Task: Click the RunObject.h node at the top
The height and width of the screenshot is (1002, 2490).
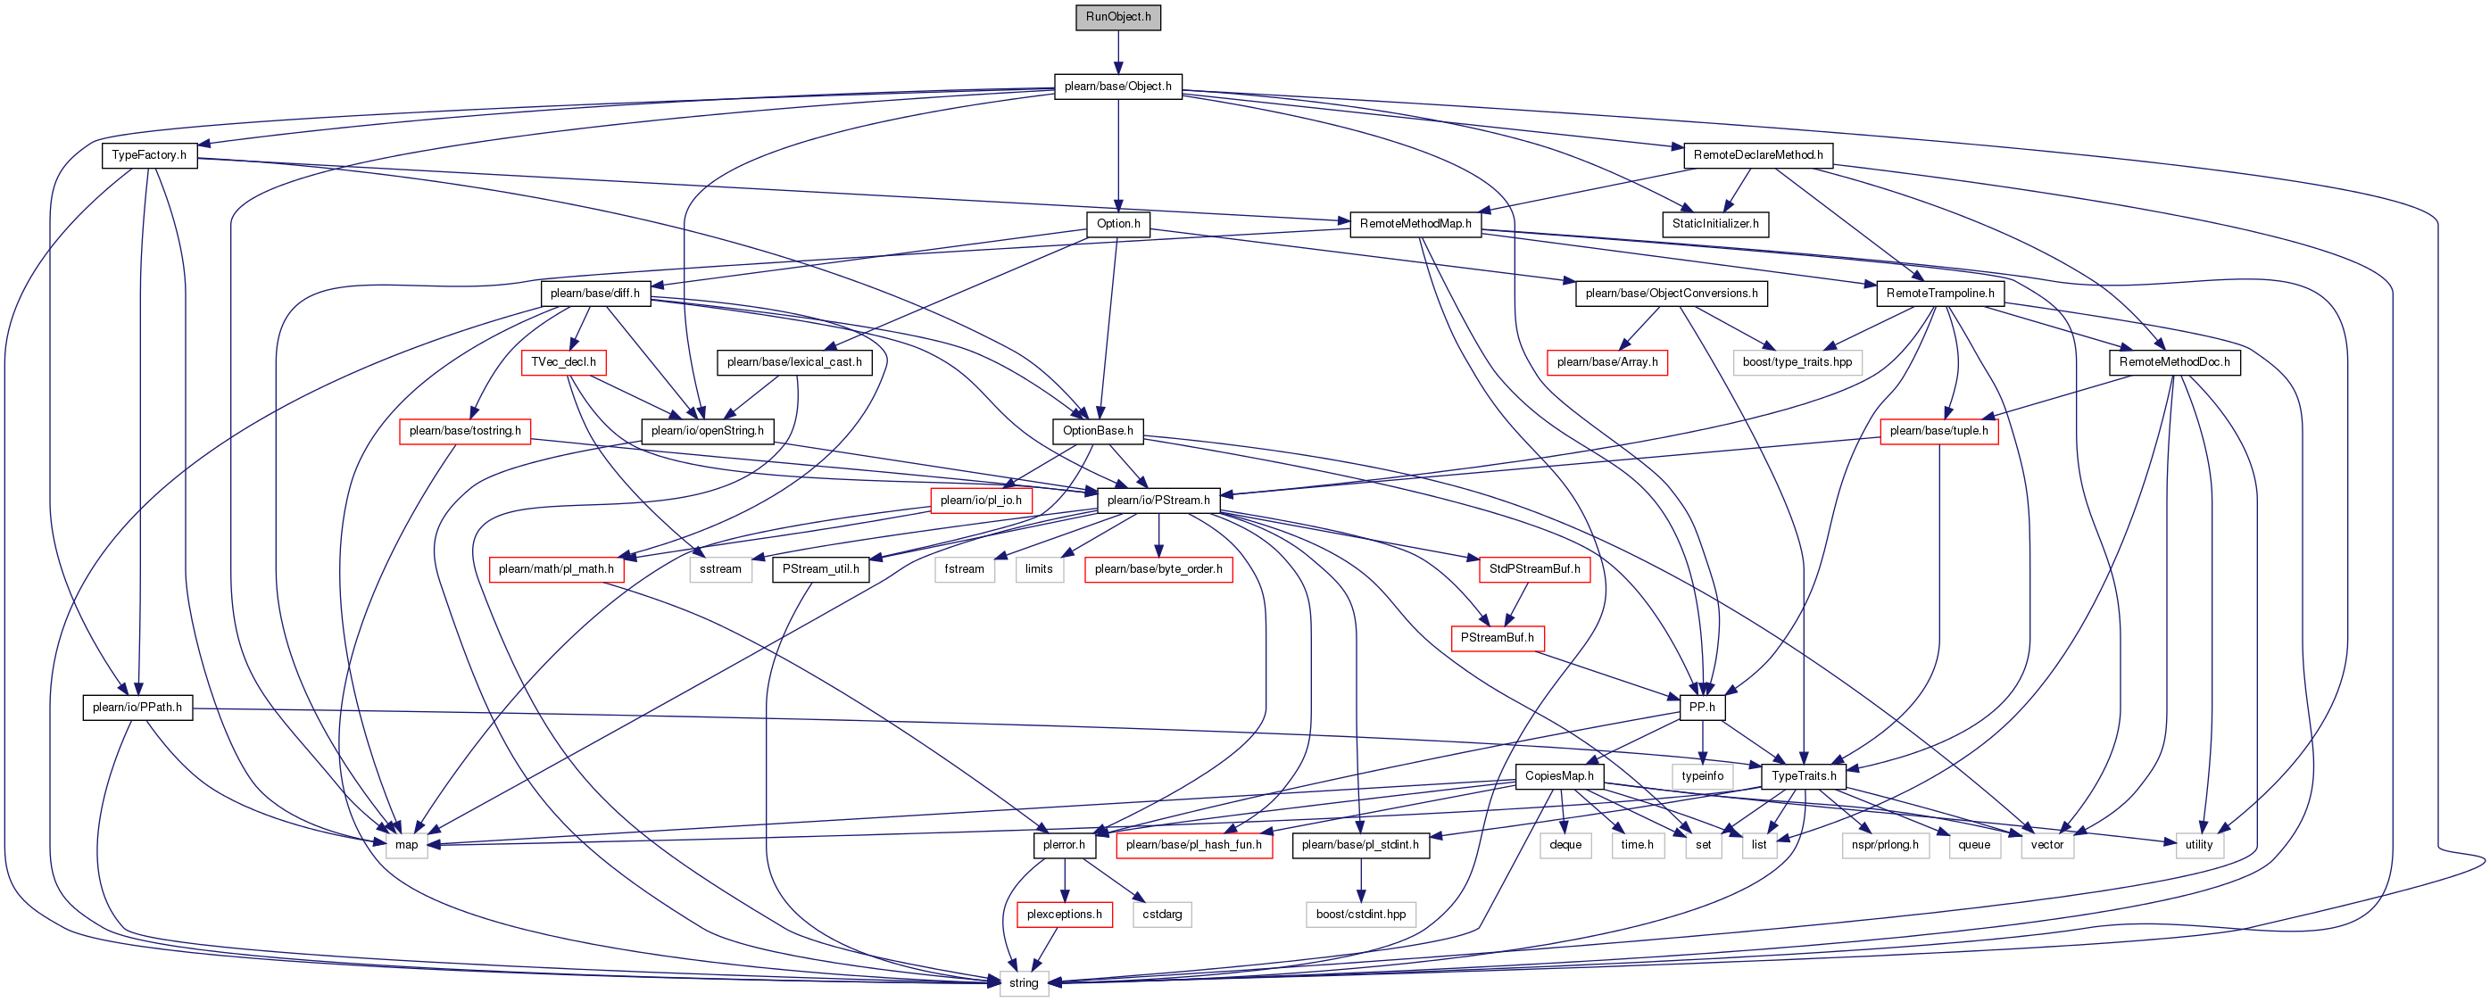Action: point(1117,17)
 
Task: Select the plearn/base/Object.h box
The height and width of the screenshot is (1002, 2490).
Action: point(1117,86)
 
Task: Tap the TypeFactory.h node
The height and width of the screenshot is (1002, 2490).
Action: point(149,154)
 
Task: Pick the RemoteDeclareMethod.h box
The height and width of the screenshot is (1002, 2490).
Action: point(1757,154)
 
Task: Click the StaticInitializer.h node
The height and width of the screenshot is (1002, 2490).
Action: point(1714,224)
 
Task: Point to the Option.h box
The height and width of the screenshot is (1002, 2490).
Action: point(1118,224)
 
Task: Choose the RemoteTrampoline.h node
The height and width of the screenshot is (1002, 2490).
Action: point(1940,293)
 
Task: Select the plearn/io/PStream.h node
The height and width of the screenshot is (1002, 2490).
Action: point(1158,501)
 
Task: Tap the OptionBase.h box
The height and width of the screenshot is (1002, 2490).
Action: point(1097,431)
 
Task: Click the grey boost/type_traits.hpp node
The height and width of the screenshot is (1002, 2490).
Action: point(1797,362)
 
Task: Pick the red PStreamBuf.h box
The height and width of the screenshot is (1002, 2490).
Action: point(1497,638)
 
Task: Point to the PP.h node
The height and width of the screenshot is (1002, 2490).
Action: point(1701,708)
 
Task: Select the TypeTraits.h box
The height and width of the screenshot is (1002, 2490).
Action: point(1804,776)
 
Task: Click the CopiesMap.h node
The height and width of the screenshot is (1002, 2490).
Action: point(1559,776)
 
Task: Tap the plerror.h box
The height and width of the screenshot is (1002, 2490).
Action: point(1063,844)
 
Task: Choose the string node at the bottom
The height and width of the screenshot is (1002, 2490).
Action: point(1024,982)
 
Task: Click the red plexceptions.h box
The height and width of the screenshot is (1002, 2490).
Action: point(1064,914)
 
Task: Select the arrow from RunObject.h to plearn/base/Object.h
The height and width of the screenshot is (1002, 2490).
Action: point(1117,52)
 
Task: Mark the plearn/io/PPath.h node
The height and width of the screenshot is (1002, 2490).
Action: point(137,708)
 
